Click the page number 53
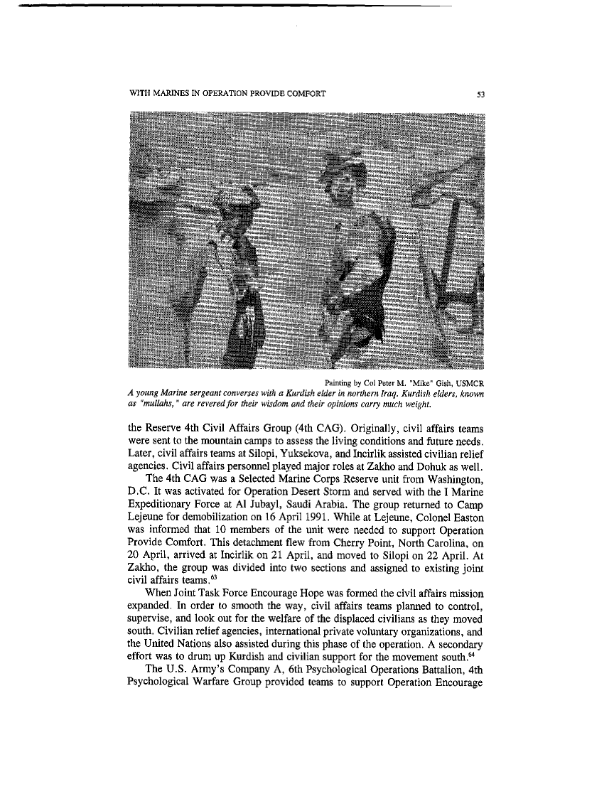coord(480,95)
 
